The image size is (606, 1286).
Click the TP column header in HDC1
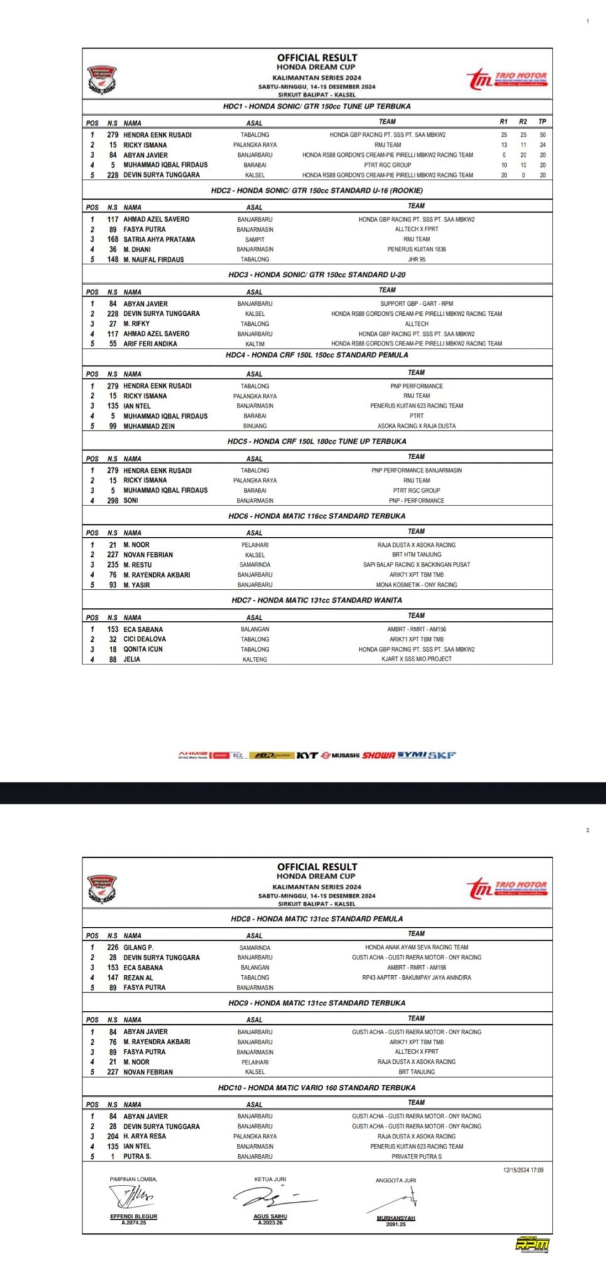(542, 122)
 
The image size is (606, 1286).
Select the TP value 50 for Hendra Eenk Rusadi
(542, 135)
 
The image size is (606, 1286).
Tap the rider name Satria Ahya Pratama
(159, 239)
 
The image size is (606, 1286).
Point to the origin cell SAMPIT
(254, 240)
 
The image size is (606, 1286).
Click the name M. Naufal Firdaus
(153, 259)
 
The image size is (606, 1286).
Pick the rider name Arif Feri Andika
(150, 344)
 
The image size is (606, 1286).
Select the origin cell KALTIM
(254, 344)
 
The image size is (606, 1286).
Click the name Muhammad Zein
(149, 426)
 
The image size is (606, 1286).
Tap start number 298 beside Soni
(112, 501)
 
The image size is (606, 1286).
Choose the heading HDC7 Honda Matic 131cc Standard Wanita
(317, 600)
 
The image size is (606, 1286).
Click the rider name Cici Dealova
(144, 639)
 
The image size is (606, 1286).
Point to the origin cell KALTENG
(254, 659)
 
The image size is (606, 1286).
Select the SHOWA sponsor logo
(379, 755)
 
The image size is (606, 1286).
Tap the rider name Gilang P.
(138, 948)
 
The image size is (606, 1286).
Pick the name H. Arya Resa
(144, 1137)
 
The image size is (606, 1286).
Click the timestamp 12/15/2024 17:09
(522, 1170)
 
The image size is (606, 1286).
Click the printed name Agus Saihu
(270, 1216)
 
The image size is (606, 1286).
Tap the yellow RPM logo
(531, 1244)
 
